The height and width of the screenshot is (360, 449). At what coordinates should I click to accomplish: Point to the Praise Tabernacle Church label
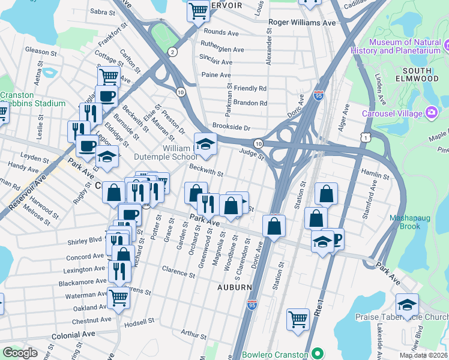coord(409,316)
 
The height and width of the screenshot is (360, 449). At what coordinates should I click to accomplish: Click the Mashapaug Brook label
coord(409,222)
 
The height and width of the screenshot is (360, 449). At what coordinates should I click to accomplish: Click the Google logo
coord(20,353)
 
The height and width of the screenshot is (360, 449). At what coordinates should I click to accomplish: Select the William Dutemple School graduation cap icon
coord(205,143)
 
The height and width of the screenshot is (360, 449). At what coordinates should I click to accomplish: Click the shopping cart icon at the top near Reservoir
coord(197,10)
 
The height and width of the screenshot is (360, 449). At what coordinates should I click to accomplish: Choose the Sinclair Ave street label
coord(217,62)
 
